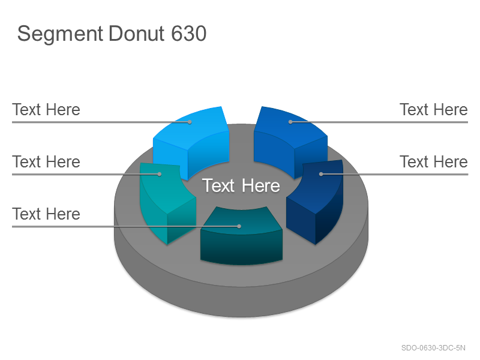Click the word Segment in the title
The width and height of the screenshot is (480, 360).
coord(60,34)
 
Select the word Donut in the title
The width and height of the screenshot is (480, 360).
coord(137,33)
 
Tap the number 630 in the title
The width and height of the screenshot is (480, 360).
coord(188,33)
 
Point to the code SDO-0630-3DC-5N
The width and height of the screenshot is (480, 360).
coord(433,348)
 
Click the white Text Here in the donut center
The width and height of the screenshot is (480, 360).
coord(241,185)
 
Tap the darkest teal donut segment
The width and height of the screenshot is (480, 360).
coord(241,236)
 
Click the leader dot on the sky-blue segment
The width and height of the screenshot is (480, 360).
coord(190,122)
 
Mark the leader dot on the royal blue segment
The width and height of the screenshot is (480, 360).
coord(290,122)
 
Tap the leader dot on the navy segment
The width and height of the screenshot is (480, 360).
coord(321,174)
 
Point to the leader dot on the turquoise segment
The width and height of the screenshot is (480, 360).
coord(160,174)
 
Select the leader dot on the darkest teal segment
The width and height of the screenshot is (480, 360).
coord(239,226)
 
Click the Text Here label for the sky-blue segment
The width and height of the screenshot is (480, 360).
coord(46,110)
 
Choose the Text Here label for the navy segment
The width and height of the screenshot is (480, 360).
coord(434,161)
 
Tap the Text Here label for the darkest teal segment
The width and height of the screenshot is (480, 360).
coord(46,214)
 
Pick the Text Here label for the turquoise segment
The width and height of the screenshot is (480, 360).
coord(46,161)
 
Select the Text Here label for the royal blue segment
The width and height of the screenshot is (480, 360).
coord(434,110)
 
